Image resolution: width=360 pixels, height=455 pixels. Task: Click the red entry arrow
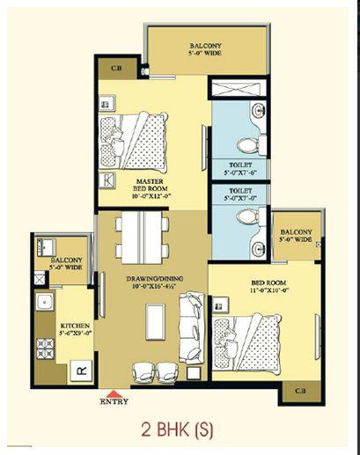click(x=114, y=393)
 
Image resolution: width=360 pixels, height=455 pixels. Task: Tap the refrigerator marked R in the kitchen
click(x=81, y=371)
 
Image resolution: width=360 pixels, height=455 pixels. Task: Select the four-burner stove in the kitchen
click(x=45, y=349)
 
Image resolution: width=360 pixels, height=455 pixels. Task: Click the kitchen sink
click(x=45, y=302)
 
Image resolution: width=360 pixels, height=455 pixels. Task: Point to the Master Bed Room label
click(x=151, y=188)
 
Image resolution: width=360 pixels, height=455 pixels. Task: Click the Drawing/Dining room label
click(x=155, y=283)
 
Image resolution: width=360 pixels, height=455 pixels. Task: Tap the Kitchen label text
click(x=75, y=329)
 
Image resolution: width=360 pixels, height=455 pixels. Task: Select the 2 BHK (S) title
click(x=177, y=429)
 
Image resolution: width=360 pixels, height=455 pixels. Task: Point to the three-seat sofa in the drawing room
click(x=192, y=328)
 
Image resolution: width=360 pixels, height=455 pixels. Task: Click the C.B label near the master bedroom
click(x=116, y=68)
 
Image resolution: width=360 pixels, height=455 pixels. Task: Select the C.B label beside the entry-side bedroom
click(x=300, y=391)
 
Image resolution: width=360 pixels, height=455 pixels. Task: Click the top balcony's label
click(x=205, y=49)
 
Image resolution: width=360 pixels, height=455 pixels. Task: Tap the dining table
click(x=142, y=238)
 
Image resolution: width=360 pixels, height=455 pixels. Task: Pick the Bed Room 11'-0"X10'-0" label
click(x=268, y=286)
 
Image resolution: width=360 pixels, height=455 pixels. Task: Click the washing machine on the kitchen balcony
click(x=47, y=247)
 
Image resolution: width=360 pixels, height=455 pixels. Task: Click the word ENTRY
click(x=114, y=401)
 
